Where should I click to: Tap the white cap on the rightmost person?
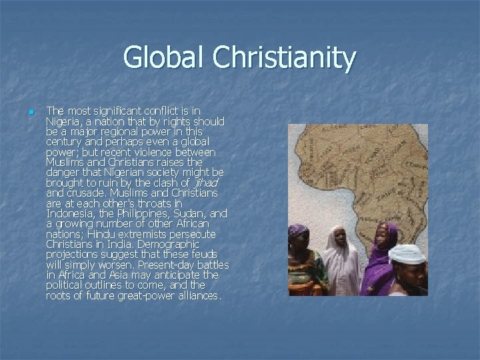click(406, 253)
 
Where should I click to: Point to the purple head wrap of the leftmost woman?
click(297, 231)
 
